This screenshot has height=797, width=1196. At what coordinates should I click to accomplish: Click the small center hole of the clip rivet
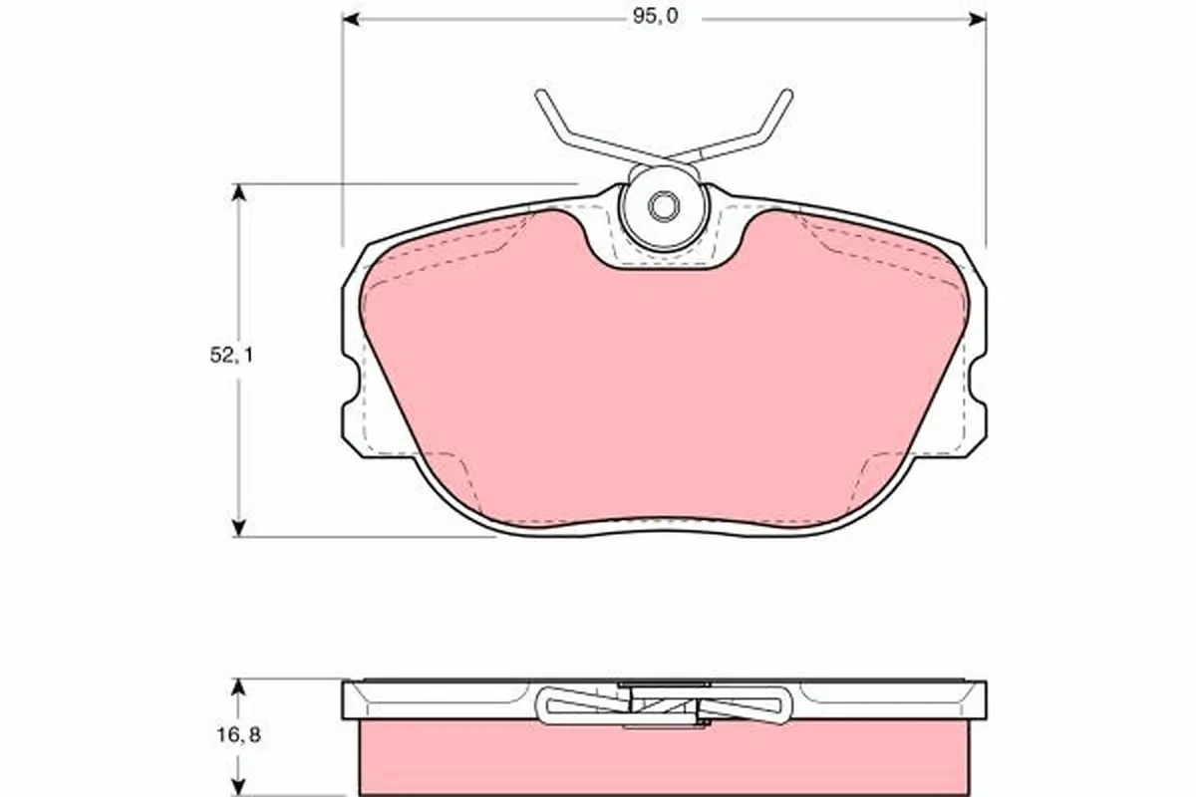[662, 207]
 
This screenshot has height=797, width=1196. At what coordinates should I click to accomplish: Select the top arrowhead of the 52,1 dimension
[238, 192]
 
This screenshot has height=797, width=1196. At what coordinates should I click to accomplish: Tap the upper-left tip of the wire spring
[540, 95]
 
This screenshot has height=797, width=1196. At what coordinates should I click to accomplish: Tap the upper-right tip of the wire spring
[787, 95]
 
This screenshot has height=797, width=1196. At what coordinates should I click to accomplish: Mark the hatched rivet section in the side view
[663, 706]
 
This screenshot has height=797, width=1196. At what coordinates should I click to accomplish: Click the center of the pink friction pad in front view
[663, 389]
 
